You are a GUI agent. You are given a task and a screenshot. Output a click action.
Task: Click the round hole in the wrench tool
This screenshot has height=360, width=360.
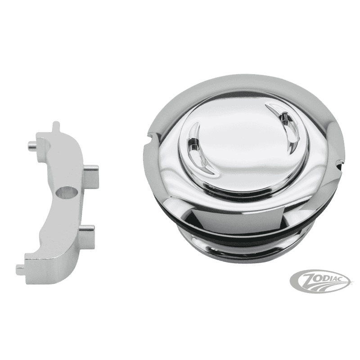[x=68, y=193]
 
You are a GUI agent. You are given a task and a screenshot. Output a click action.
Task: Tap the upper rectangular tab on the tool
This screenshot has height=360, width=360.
[x=91, y=174]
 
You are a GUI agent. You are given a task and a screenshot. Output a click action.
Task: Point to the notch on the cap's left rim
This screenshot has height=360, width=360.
[x=151, y=137]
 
